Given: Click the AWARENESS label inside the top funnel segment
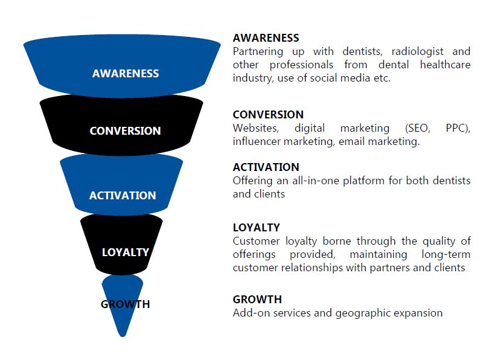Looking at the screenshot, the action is click(x=126, y=73).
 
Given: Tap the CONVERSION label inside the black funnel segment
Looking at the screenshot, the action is click(x=125, y=130).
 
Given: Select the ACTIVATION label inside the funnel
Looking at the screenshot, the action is click(x=123, y=196).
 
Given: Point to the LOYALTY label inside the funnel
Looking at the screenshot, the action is click(x=126, y=252).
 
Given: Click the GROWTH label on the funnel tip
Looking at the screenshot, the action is click(x=125, y=304).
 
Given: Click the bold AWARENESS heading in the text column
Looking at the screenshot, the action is click(x=266, y=38).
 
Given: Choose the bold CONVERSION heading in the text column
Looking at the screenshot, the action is click(x=268, y=115).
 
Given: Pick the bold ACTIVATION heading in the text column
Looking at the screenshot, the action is click(x=266, y=167).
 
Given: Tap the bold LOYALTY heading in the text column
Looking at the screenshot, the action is click(x=256, y=228).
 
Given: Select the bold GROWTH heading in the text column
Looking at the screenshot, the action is click(x=257, y=300).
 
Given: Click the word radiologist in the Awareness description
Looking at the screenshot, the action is click(x=417, y=51).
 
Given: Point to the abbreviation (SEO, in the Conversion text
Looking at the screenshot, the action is click(x=417, y=129).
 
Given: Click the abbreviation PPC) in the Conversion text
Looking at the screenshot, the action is click(x=458, y=129).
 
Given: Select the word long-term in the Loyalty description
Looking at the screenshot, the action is click(x=446, y=254).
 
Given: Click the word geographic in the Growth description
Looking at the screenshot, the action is click(x=363, y=313).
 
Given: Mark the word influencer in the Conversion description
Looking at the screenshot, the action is click(x=257, y=141).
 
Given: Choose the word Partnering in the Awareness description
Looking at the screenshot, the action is click(x=258, y=52).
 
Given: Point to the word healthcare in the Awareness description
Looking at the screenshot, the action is click(x=445, y=65).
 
